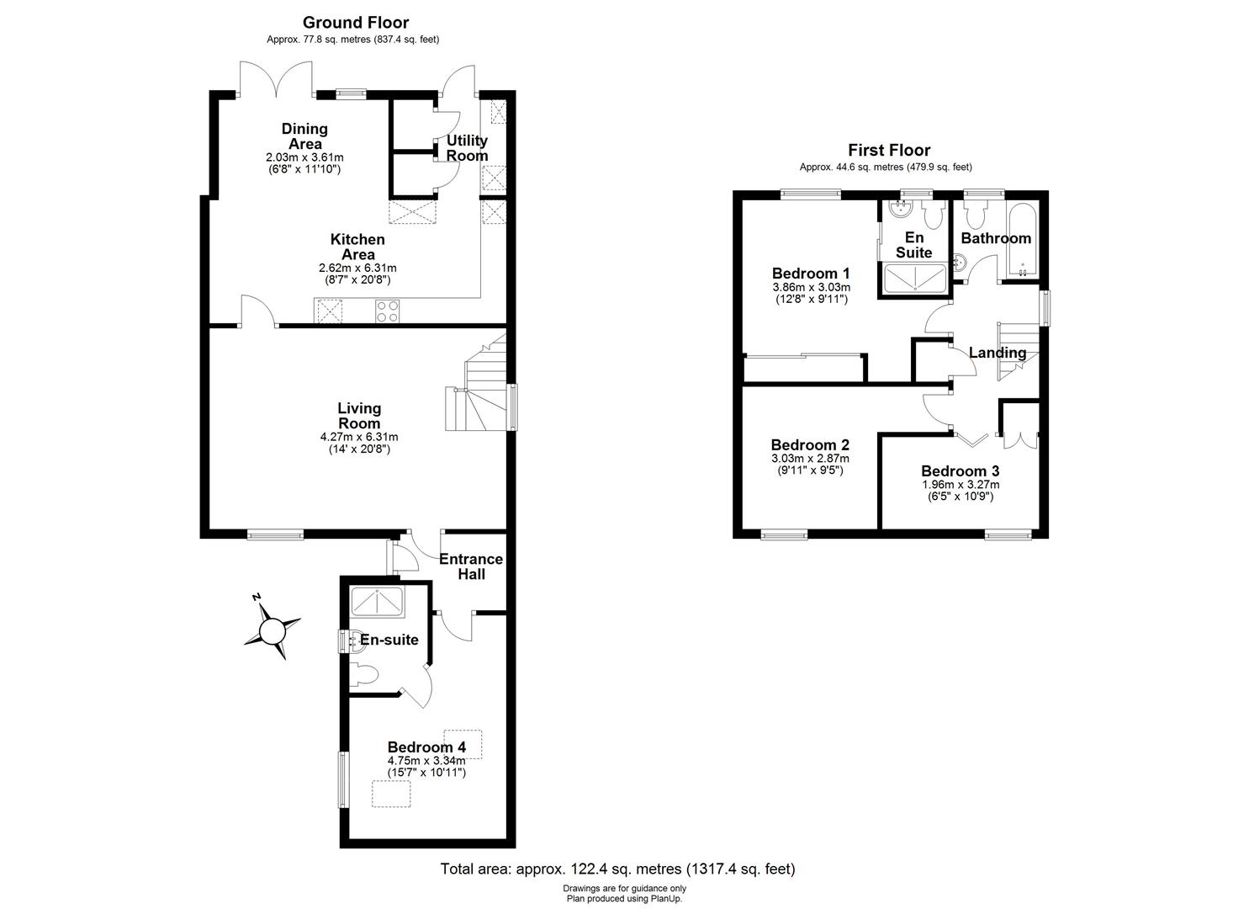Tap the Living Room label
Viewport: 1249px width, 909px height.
click(359, 416)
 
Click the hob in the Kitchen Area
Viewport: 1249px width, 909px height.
click(387, 311)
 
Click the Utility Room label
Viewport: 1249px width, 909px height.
click(467, 148)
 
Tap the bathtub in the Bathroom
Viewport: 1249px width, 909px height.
click(1023, 240)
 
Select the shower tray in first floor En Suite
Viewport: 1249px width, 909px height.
click(914, 277)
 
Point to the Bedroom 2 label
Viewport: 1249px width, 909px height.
click(810, 444)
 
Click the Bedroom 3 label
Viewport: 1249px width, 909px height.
click(960, 470)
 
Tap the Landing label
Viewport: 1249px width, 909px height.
click(998, 353)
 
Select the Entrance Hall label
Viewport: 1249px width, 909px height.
click(471, 566)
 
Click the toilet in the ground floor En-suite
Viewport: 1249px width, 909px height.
click(366, 673)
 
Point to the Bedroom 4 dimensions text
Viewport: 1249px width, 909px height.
click(426, 767)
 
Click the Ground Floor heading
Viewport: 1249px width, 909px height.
click(356, 22)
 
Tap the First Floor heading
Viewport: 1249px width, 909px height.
click(889, 150)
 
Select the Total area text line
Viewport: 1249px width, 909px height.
click(617, 869)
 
